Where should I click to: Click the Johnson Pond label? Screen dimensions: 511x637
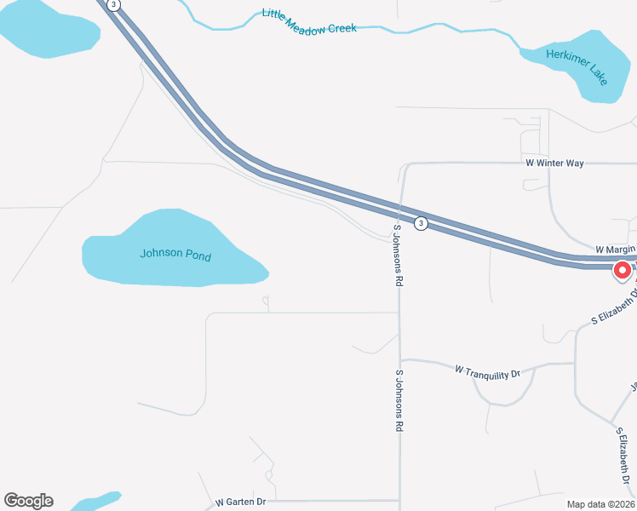[x=175, y=255]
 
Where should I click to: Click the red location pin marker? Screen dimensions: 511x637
[x=622, y=271]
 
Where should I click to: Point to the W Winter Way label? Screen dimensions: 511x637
[x=554, y=163]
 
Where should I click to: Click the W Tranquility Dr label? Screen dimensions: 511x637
[x=487, y=371]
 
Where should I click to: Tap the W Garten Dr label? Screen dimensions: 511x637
[x=241, y=502]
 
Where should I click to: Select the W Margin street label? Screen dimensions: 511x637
[x=615, y=249]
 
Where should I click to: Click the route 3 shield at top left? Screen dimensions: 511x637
[x=114, y=5]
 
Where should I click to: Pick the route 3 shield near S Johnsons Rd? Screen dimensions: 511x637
[x=420, y=223]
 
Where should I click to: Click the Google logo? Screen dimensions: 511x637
[x=28, y=501]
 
